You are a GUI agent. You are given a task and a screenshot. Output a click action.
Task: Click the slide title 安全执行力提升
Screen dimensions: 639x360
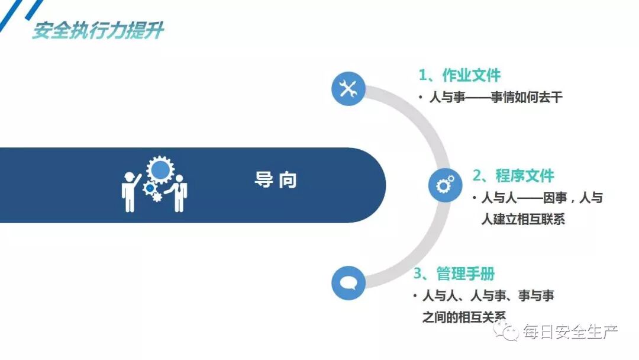click(x=98, y=30)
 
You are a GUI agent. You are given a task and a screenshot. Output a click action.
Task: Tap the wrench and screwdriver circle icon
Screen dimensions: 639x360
click(x=348, y=89)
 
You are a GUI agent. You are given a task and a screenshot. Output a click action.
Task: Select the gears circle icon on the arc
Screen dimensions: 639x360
click(x=445, y=185)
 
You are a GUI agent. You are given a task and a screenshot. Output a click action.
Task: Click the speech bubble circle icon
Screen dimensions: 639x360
click(x=348, y=282)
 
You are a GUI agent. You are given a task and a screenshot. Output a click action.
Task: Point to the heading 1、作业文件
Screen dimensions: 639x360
click(x=460, y=75)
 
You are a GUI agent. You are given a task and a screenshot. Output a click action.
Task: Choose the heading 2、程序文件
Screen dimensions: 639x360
click(x=513, y=176)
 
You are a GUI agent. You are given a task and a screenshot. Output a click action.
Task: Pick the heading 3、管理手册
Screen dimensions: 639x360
click(x=454, y=274)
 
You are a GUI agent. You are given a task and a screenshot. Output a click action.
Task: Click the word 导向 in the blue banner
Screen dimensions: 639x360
click(x=276, y=180)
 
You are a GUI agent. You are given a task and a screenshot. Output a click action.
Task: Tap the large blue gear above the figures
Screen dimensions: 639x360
click(x=160, y=170)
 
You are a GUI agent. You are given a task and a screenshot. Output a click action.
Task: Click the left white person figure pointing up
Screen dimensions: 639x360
click(x=130, y=191)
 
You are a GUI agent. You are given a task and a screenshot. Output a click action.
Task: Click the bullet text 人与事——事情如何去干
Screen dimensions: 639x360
click(x=496, y=98)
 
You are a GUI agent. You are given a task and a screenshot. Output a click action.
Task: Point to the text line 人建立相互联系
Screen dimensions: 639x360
click(x=523, y=219)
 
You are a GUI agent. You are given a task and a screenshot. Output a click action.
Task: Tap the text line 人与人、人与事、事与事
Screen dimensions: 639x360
click(x=488, y=295)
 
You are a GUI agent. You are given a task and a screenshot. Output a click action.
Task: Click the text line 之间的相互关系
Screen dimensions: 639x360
click(x=464, y=317)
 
